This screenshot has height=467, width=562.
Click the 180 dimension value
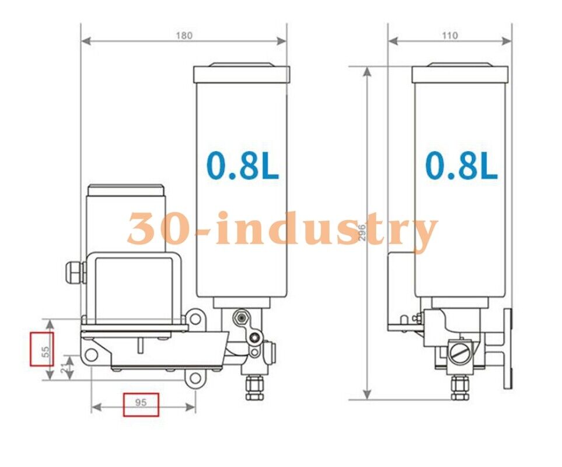184,35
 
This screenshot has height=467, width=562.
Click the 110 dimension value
449,35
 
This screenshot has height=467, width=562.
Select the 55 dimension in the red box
43,349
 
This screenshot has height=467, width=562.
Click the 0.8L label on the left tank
243,166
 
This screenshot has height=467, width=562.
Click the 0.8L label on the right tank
461,166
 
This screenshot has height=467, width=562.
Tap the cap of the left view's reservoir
241,74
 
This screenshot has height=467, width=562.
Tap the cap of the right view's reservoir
460,74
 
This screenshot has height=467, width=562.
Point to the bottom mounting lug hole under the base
196,379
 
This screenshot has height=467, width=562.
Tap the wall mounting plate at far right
508,348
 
